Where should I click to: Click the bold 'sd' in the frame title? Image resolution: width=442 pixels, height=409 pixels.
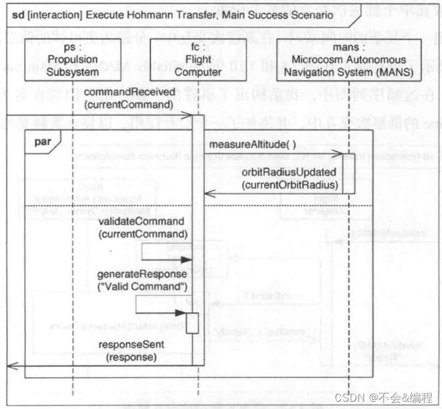click(x=18, y=13)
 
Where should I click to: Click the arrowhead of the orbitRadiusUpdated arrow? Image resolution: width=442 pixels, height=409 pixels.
click(x=207, y=194)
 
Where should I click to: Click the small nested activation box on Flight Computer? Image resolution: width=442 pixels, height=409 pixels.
click(x=192, y=323)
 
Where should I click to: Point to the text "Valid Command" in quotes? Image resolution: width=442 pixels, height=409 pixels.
click(x=144, y=286)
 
